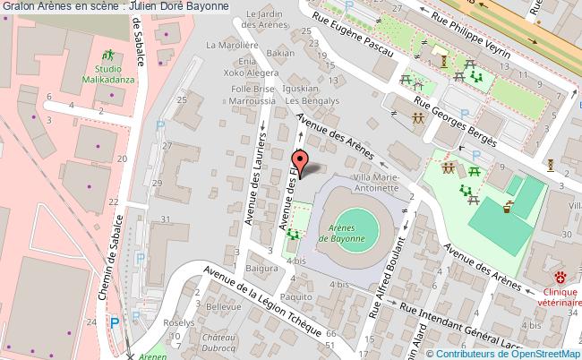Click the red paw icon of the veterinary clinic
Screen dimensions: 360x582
click(561, 278)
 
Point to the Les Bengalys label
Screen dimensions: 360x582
click(304, 101)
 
